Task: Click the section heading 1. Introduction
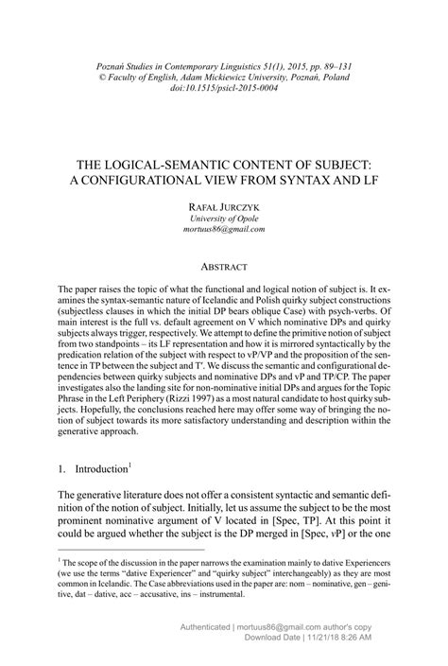click(93, 468)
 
